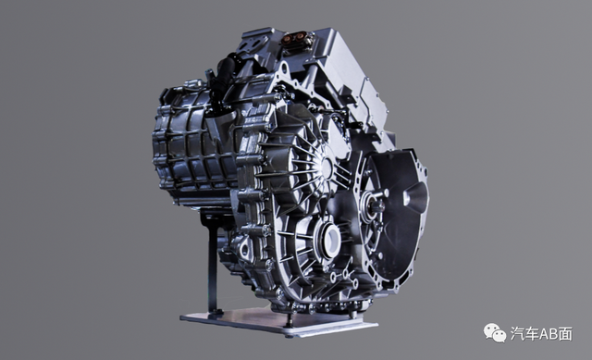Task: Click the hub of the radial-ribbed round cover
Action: point(326,166)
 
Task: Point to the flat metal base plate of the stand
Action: point(278,321)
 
